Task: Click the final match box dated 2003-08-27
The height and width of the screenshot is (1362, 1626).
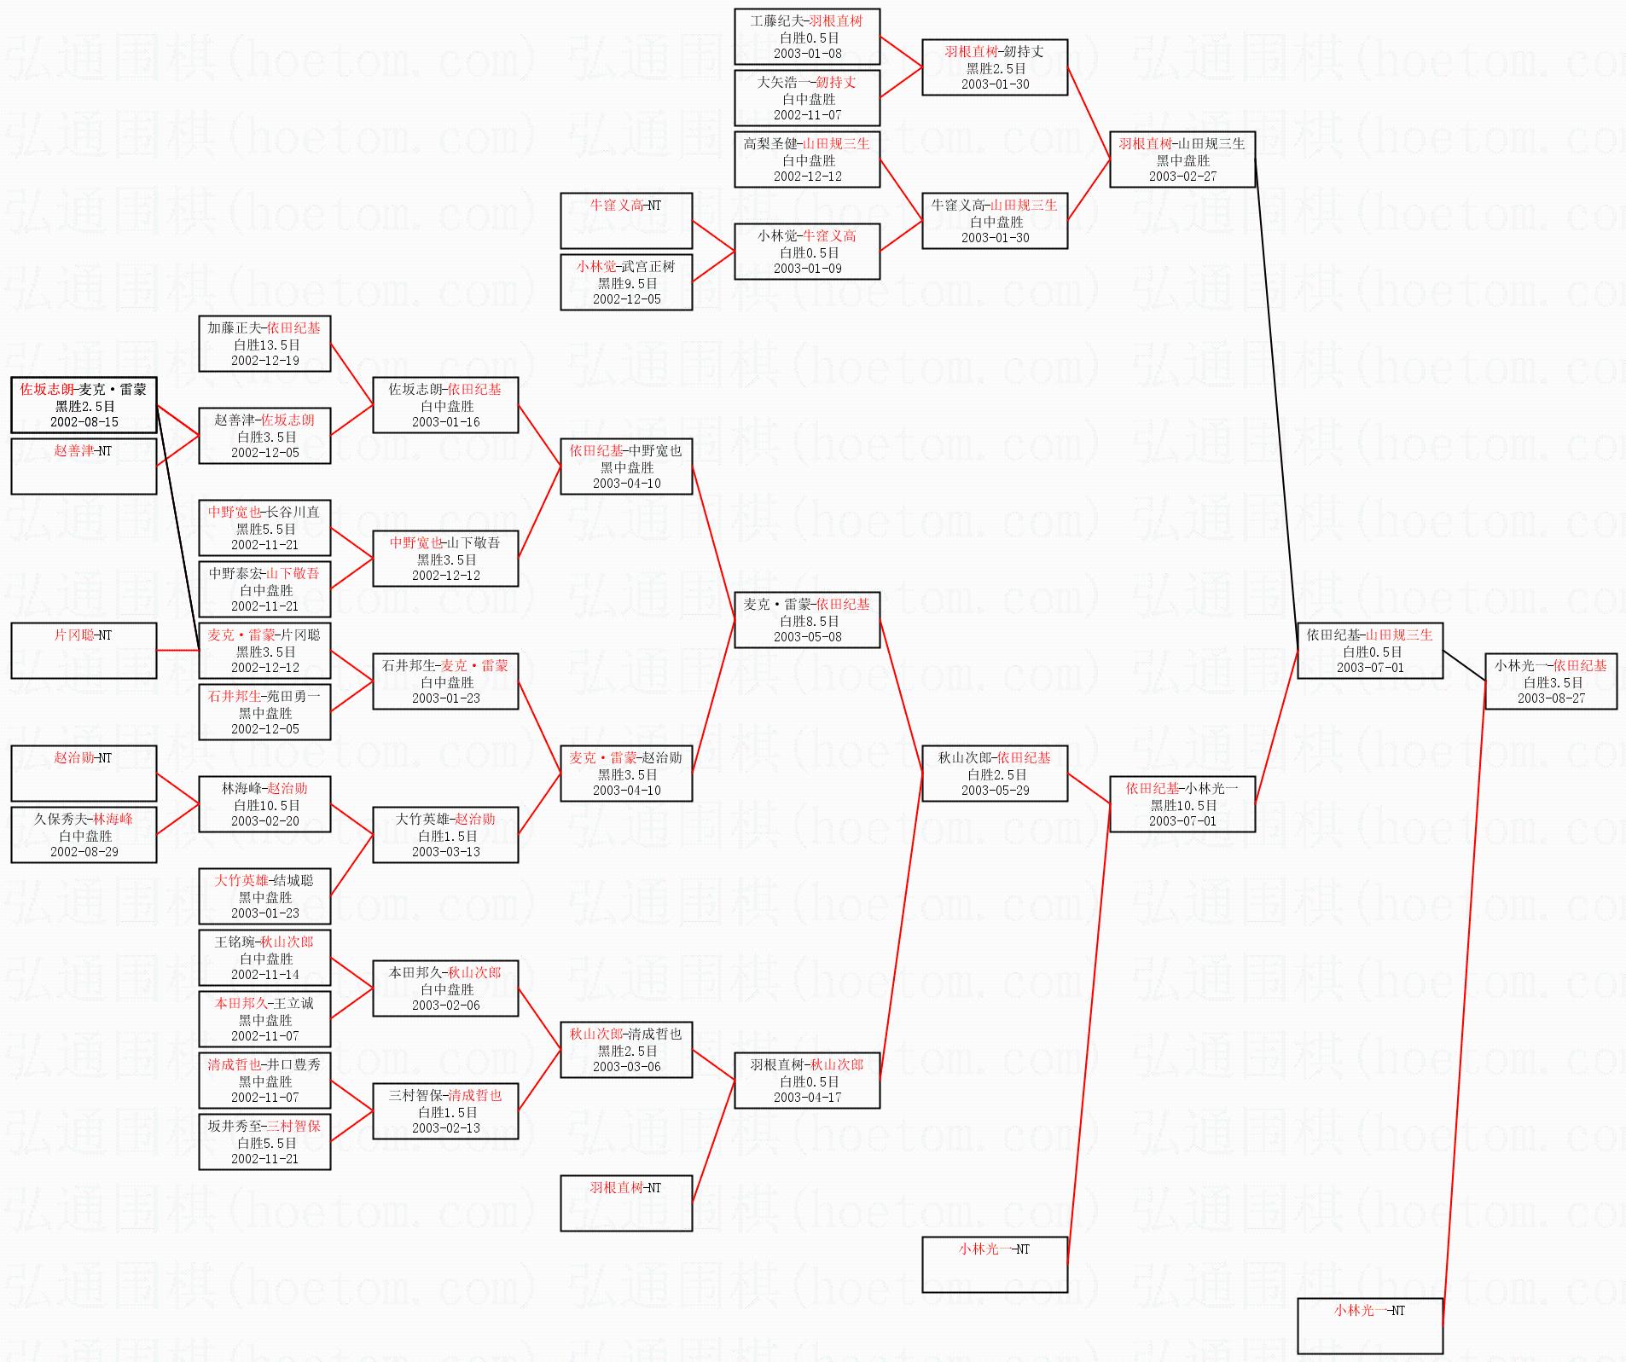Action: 1550,681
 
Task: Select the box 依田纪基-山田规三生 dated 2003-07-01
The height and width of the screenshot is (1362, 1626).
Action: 1369,651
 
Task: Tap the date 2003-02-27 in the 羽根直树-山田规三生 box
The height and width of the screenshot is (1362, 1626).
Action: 1182,177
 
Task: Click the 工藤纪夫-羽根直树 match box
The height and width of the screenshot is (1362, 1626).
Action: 806,37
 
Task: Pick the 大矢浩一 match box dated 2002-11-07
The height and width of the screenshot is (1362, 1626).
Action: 806,98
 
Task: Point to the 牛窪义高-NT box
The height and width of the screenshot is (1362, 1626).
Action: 625,220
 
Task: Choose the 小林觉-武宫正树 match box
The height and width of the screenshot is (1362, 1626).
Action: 625,282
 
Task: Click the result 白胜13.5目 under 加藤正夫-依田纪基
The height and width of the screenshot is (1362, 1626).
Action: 266,345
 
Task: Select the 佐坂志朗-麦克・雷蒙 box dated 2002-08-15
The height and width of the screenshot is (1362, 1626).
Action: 84,405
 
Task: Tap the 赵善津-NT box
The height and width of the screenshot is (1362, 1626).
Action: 84,466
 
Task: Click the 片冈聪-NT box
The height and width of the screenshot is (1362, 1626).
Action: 84,650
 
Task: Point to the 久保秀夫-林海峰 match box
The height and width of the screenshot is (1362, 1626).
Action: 84,834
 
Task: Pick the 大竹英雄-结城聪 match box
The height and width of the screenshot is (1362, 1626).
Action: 264,895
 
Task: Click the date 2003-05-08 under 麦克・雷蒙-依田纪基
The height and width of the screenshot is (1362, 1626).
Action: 807,637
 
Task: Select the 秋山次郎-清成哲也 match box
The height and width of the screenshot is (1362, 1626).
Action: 625,1050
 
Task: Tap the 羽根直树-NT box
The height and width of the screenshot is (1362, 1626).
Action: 625,1203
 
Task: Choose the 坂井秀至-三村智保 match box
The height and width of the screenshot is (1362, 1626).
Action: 264,1141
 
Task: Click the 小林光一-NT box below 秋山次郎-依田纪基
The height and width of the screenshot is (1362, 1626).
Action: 994,1264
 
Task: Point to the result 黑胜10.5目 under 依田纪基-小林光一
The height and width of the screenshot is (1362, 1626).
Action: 1183,805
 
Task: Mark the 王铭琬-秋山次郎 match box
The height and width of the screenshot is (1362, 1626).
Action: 264,957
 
